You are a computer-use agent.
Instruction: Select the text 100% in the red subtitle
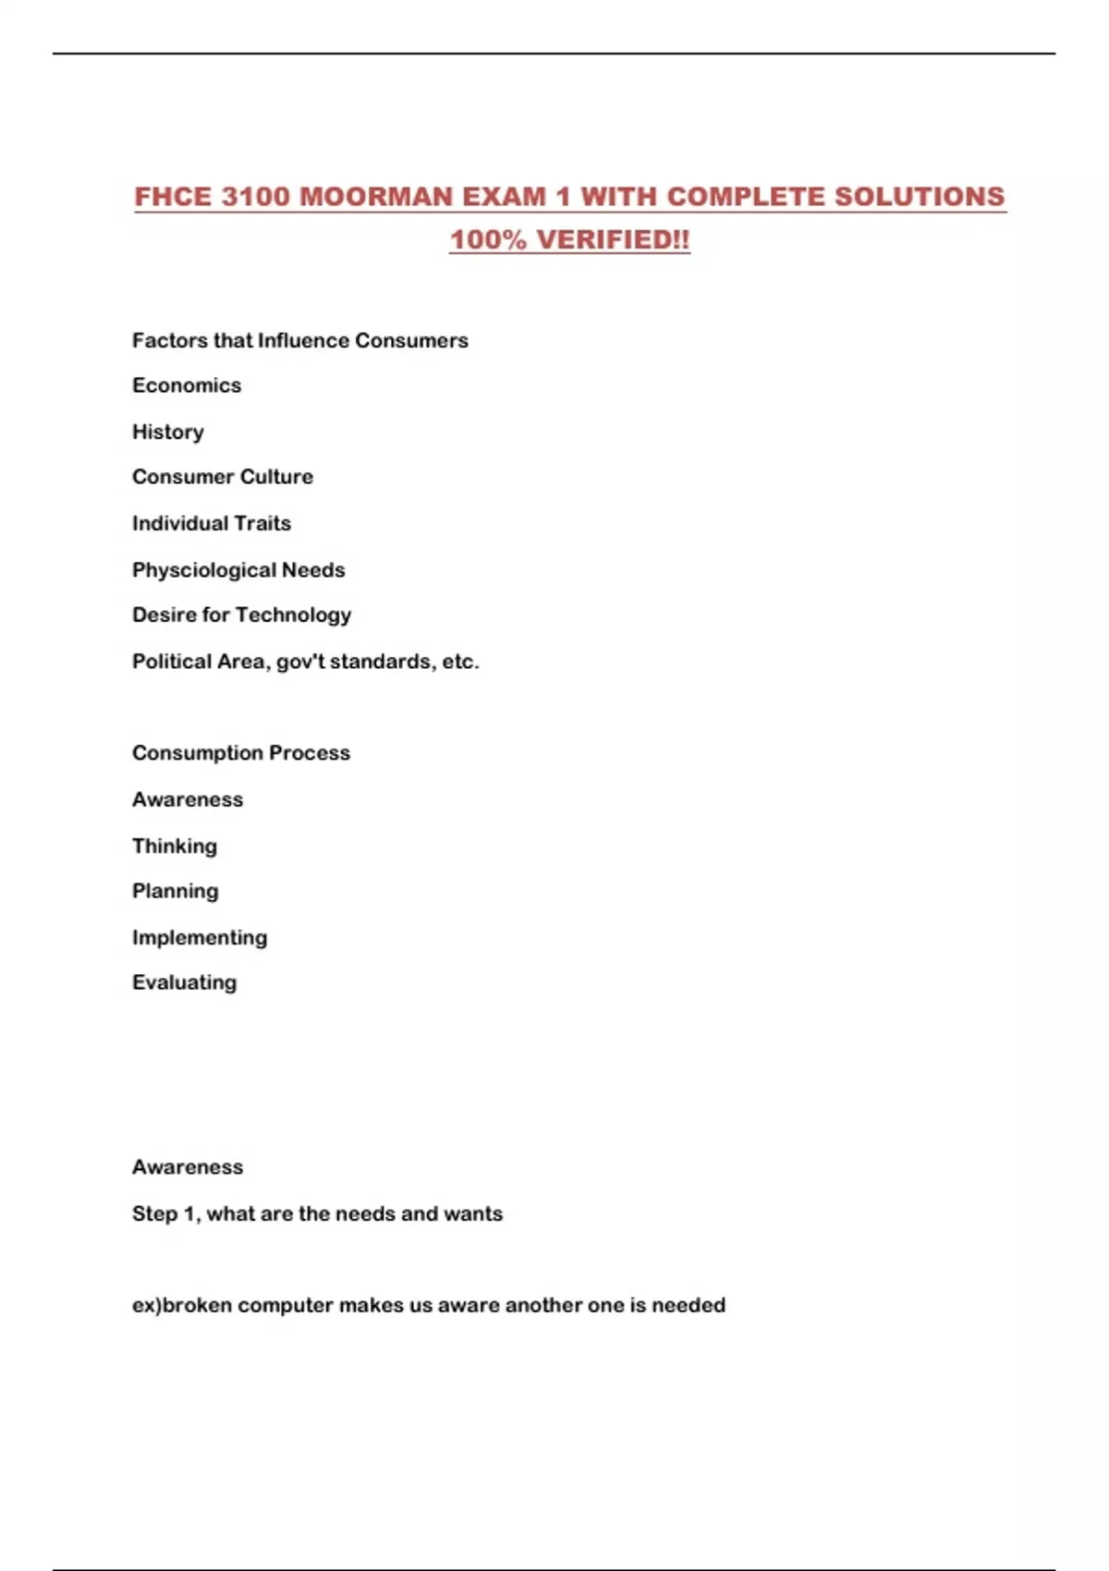(488, 239)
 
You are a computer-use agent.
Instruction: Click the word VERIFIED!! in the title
(614, 239)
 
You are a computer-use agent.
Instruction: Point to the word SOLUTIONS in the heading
(920, 197)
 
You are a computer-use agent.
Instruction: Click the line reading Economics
(187, 385)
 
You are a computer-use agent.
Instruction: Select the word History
(168, 432)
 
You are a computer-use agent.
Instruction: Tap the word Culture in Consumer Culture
(275, 477)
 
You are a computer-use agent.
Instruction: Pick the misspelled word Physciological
(203, 569)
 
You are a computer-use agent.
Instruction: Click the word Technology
(293, 615)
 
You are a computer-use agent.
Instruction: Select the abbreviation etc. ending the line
(460, 662)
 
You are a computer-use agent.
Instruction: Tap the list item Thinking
(175, 846)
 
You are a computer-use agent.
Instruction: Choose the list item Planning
(176, 892)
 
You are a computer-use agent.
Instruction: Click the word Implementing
(200, 937)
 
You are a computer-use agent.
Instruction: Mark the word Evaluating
(185, 982)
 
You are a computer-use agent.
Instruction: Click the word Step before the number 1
(154, 1213)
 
